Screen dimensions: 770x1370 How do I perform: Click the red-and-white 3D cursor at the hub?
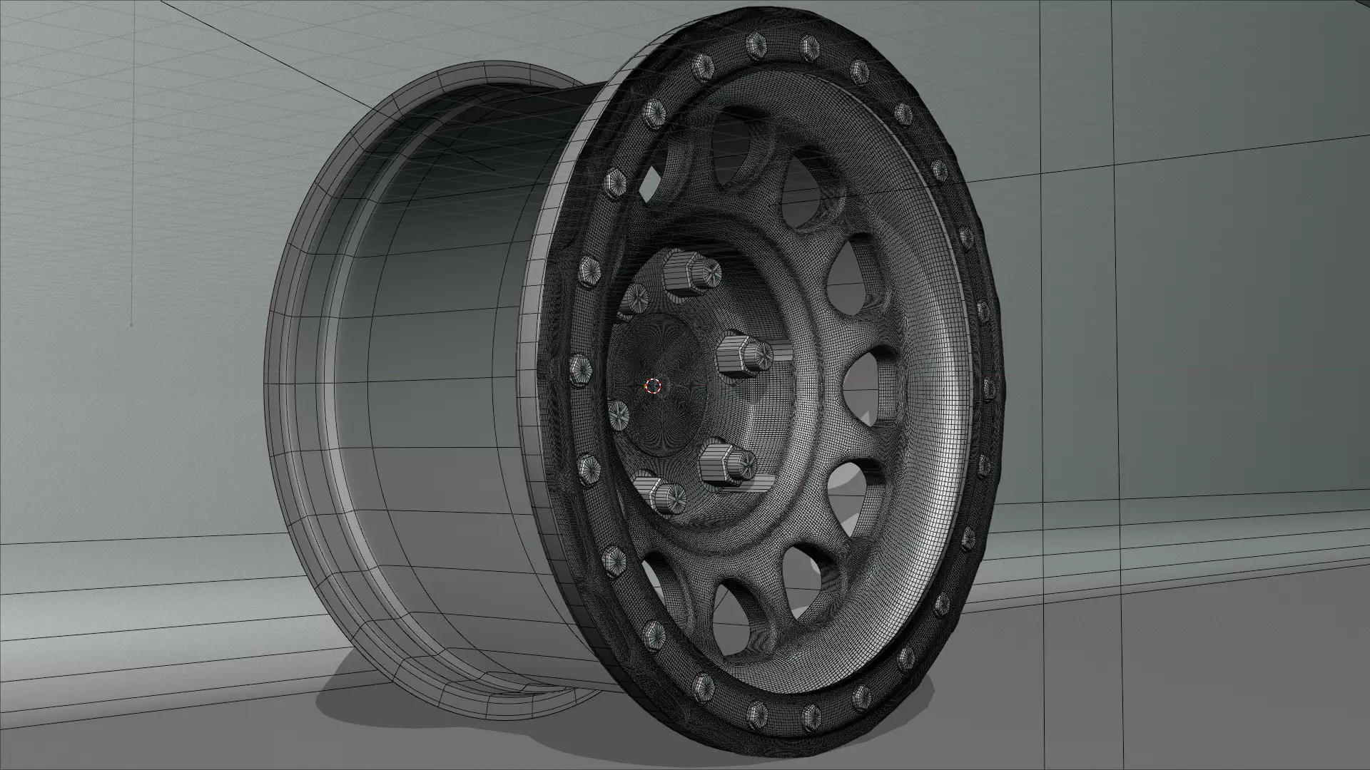click(x=653, y=386)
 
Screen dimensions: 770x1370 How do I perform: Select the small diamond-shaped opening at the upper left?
click(x=651, y=186)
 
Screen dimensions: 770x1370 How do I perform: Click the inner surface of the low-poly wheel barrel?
click(x=428, y=356)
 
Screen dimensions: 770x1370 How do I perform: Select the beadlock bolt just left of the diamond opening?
click(x=615, y=185)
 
